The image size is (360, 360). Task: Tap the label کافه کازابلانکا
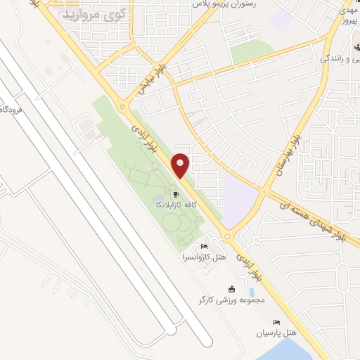tap(176, 205)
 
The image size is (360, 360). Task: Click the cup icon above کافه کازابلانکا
tap(176, 195)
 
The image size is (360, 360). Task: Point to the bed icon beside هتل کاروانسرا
tap(204, 247)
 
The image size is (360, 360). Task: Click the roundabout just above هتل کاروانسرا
tap(227, 237)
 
